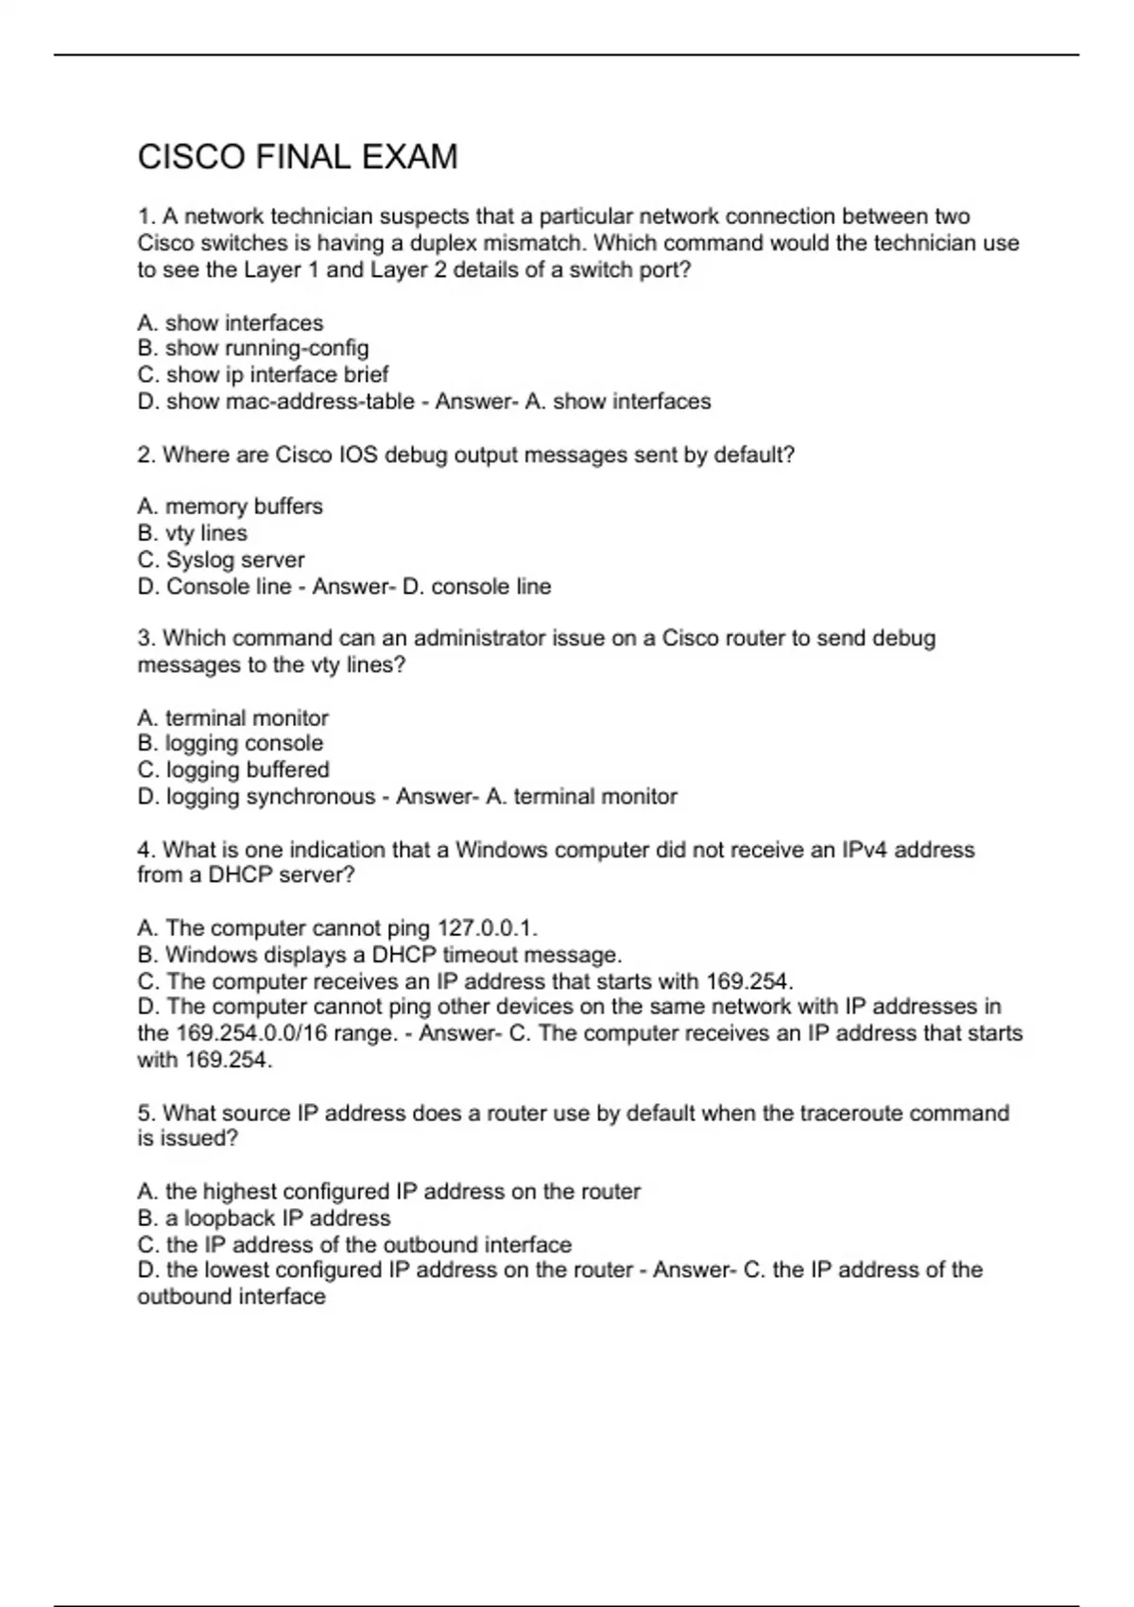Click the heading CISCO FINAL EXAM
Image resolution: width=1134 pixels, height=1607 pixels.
point(298,157)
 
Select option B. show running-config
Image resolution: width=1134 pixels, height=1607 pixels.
point(253,349)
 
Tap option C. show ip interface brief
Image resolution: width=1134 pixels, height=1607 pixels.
point(263,375)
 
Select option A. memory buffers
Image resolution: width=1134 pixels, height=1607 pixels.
point(230,507)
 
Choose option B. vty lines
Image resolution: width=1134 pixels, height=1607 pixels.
point(192,533)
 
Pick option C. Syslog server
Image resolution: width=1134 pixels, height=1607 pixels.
point(221,560)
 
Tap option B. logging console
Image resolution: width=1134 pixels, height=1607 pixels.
point(230,744)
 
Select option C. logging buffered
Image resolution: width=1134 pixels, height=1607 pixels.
point(233,770)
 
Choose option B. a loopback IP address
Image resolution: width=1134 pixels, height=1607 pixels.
point(264,1218)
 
